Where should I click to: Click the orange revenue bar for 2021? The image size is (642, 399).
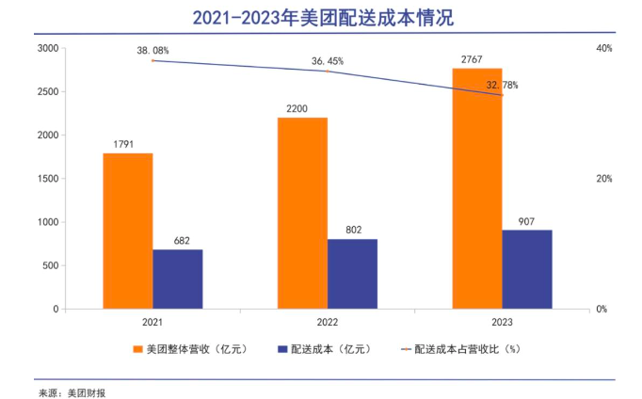[127, 231]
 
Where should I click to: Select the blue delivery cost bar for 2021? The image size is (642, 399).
[177, 279]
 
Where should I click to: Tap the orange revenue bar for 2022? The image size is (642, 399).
[302, 213]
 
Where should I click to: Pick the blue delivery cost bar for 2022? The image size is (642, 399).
[352, 274]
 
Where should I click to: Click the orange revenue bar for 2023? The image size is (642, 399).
[477, 188]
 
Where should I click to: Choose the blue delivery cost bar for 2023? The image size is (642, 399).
[527, 269]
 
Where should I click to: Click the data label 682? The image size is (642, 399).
[182, 241]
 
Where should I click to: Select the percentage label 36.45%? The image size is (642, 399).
[328, 61]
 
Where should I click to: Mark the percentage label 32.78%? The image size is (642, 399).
[502, 86]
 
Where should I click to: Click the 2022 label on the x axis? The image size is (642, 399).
[328, 322]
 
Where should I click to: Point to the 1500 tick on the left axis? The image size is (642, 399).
[47, 179]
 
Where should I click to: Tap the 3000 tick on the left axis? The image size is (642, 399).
[47, 48]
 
